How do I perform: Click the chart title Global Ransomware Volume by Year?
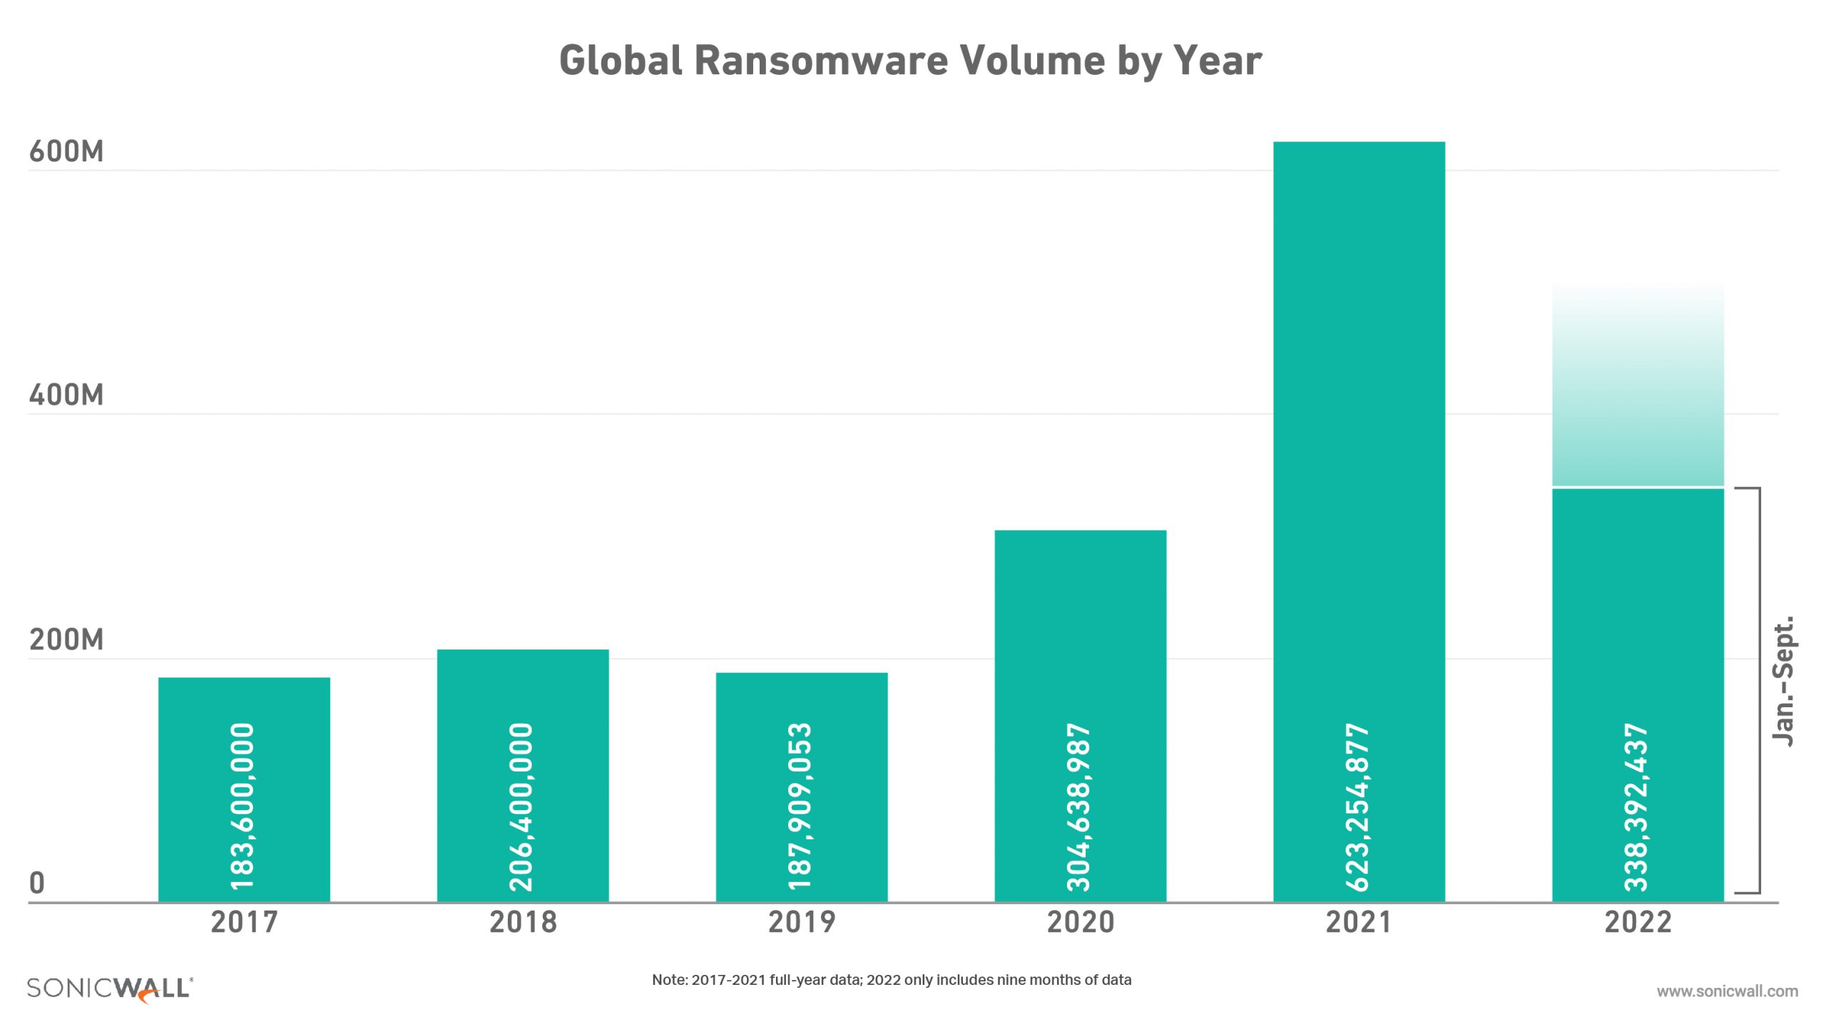click(910, 60)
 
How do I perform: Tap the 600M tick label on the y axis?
click(66, 152)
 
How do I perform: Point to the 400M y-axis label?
click(66, 395)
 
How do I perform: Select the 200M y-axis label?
click(66, 639)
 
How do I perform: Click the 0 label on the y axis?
click(37, 884)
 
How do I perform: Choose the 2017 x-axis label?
click(244, 922)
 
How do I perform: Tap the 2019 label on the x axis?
click(802, 922)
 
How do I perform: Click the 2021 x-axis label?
click(1359, 922)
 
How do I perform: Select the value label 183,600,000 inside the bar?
click(243, 806)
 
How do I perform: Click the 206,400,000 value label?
click(521, 806)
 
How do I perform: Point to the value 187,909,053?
click(800, 806)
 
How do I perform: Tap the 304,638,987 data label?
click(1079, 806)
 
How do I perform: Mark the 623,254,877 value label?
click(1357, 806)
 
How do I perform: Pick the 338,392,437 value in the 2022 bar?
click(1636, 806)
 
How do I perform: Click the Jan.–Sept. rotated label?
click(1784, 682)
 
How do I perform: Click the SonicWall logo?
click(110, 989)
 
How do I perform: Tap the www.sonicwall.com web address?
click(1727, 991)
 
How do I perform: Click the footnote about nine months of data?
click(892, 980)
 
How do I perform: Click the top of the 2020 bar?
click(1080, 532)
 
